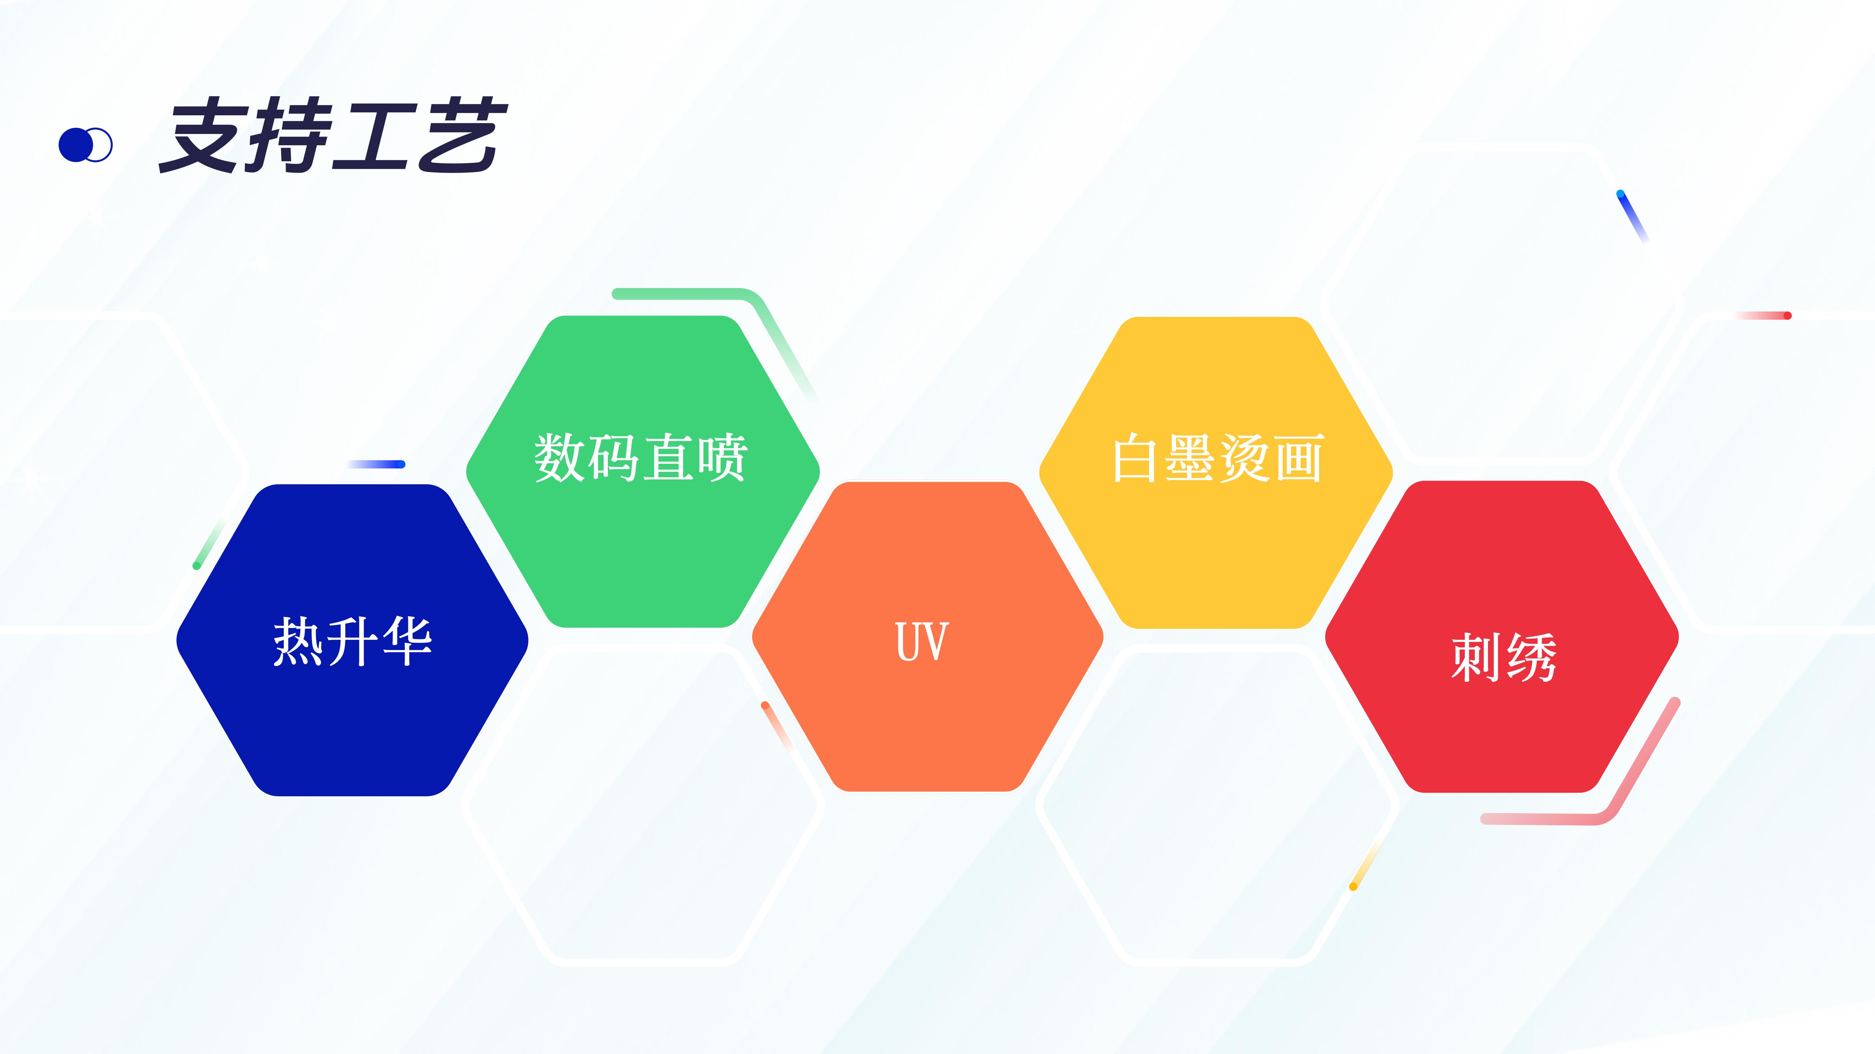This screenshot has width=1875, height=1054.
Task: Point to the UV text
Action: coord(921,642)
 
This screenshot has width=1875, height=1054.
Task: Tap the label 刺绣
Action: coord(1504,657)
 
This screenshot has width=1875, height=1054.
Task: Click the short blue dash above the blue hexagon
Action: coord(376,464)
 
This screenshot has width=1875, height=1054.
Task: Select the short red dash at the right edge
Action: coord(1762,315)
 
